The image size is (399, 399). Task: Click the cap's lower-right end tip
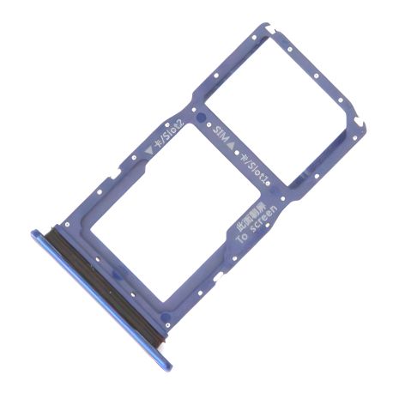coord(163,367)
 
